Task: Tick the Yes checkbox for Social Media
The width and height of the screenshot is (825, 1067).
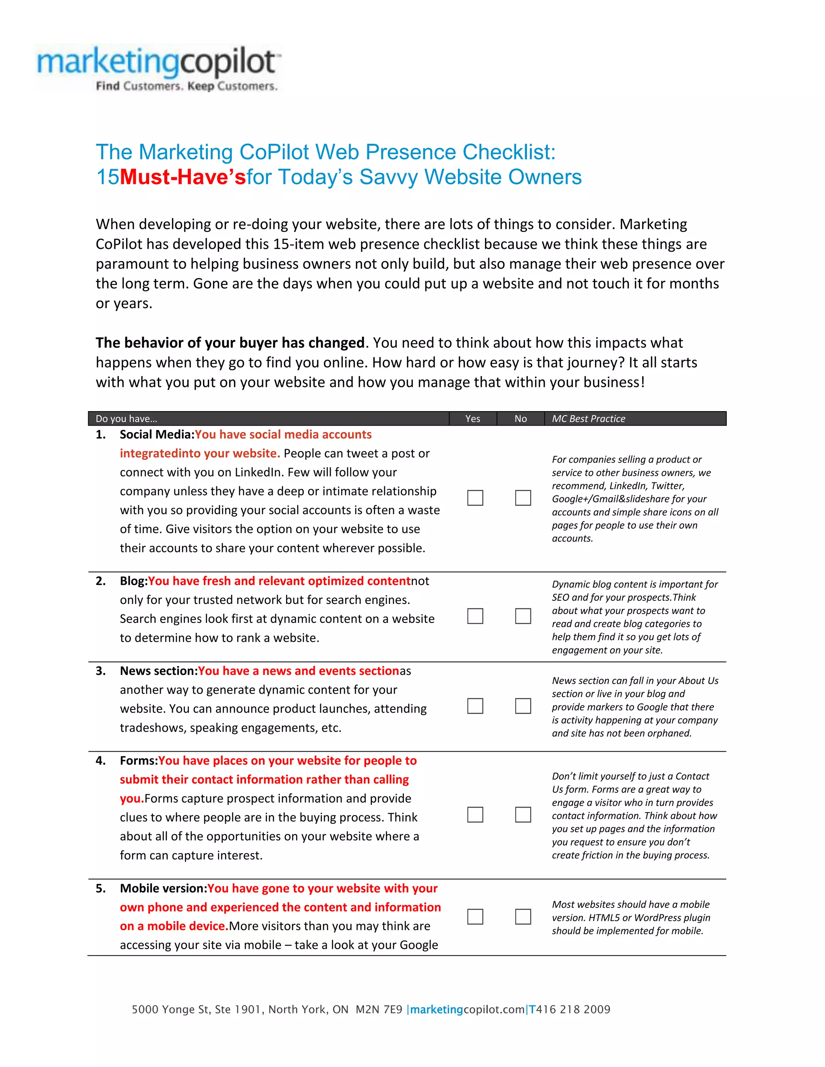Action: point(475,498)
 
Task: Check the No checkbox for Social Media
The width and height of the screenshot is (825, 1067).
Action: point(523,498)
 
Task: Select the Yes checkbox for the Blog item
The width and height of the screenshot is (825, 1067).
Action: point(475,616)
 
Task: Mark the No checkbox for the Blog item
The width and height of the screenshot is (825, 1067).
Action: point(523,616)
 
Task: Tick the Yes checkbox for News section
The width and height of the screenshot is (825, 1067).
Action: point(475,706)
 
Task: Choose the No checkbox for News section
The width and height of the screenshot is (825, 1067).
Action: point(523,706)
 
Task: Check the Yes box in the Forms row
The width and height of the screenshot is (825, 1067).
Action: point(475,815)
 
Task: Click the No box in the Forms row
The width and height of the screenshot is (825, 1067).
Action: point(523,815)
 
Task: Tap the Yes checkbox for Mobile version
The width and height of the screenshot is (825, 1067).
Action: point(475,916)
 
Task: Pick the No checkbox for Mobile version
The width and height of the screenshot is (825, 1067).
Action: point(523,916)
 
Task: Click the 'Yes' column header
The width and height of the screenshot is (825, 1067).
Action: point(473,419)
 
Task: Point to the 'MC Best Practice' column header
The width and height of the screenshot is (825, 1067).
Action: point(589,419)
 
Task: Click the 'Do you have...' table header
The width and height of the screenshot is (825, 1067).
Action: point(126,419)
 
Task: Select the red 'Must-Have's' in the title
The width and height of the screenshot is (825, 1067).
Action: point(183,177)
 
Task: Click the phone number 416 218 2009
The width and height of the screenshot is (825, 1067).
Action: point(573,1009)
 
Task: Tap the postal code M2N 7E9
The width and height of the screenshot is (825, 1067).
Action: point(379,1009)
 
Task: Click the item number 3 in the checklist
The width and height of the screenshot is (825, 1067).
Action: point(101,671)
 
